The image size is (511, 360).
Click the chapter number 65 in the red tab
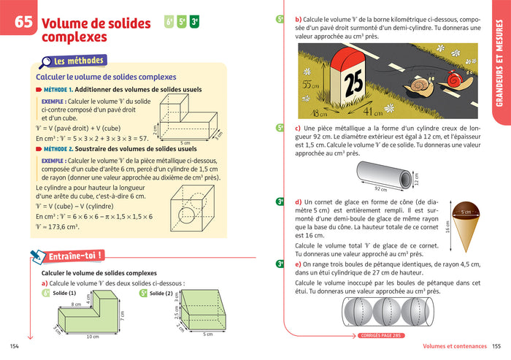(x=23, y=23)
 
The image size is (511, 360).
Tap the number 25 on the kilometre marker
(x=353, y=82)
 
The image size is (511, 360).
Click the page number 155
(x=498, y=346)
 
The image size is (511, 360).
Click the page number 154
(x=13, y=346)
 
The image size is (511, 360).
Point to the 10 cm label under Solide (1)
(x=91, y=337)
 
